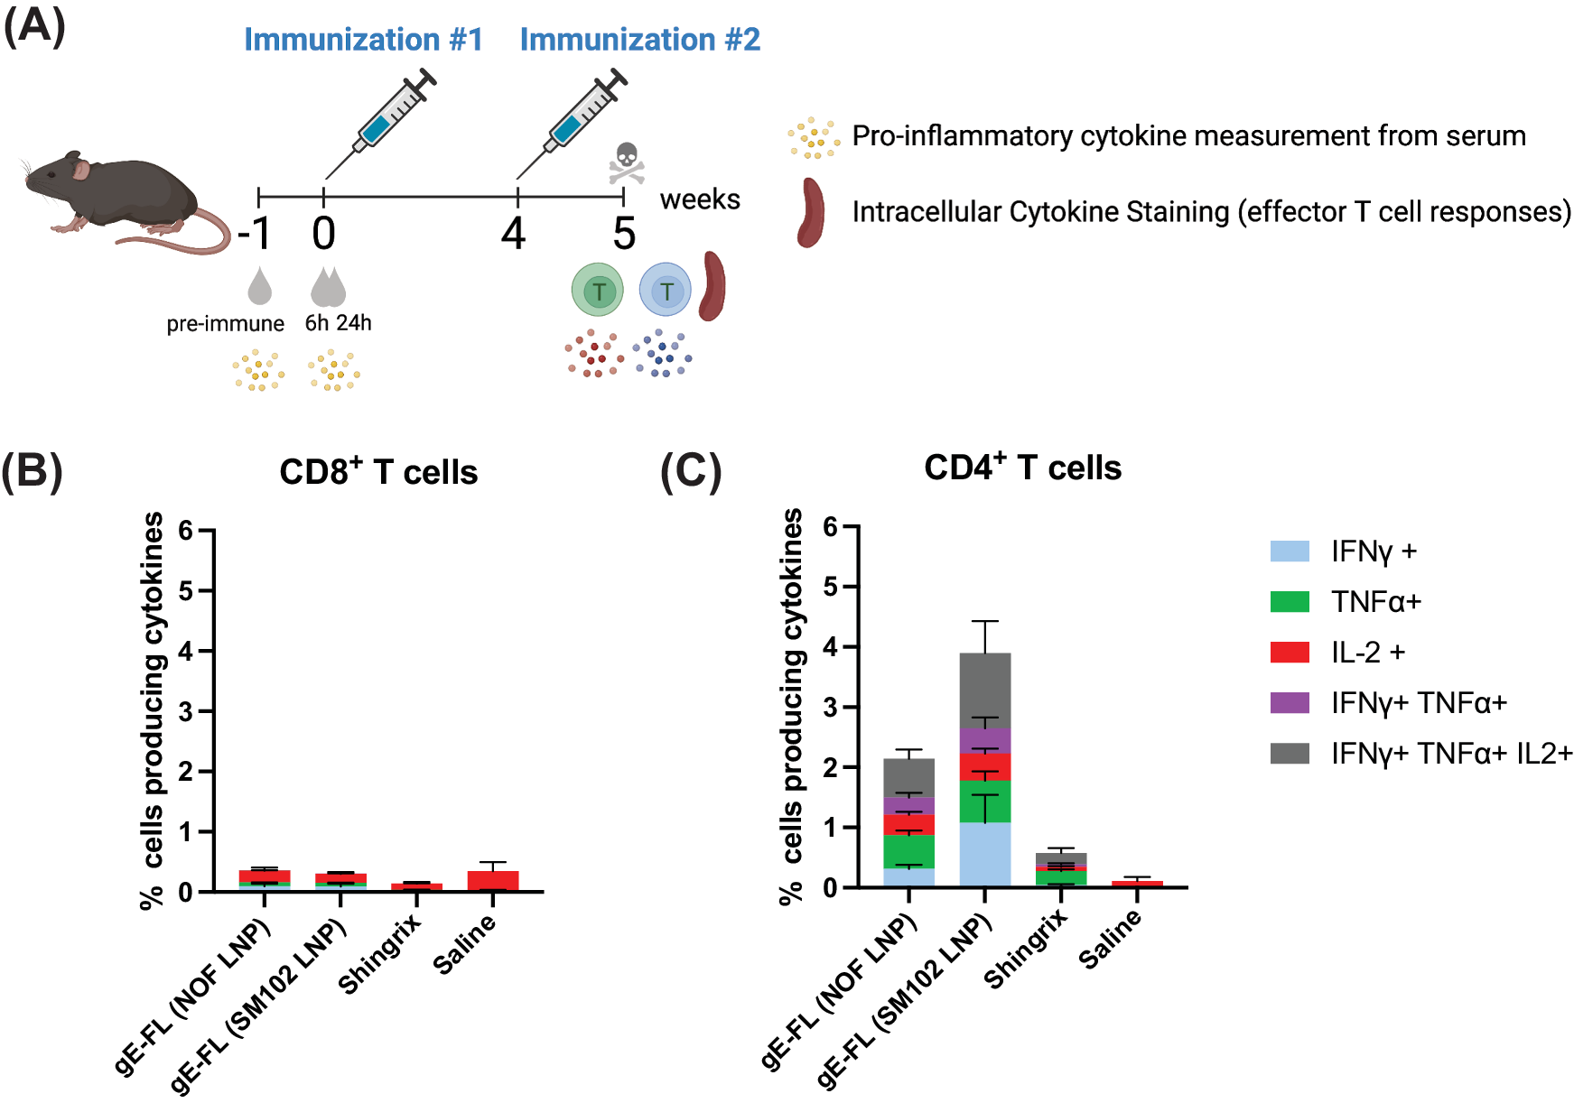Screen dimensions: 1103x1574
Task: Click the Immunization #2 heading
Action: pos(639,40)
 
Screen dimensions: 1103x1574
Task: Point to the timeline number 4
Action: pos(513,234)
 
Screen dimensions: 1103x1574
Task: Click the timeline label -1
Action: pos(255,234)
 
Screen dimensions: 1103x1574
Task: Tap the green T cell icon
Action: pos(597,291)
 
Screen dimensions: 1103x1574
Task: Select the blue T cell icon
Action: pos(666,291)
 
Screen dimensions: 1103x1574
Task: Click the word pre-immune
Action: pos(225,323)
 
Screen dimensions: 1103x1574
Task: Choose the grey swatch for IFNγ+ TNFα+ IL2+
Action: pos(1289,754)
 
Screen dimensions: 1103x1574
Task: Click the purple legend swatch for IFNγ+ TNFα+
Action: pos(1289,703)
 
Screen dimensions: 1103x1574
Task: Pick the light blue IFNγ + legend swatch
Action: pos(1289,551)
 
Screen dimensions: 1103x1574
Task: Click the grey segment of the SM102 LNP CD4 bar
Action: pos(984,691)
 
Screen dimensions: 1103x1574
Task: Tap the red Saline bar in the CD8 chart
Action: pos(493,880)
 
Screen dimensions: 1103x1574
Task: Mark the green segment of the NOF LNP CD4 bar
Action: pos(908,851)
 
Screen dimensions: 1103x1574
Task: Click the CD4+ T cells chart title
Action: pos(1022,468)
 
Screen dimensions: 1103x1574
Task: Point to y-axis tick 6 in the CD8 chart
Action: pos(186,531)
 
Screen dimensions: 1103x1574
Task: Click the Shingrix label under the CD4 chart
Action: pos(1026,949)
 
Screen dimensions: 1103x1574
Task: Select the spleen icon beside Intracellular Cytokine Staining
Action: pos(810,213)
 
